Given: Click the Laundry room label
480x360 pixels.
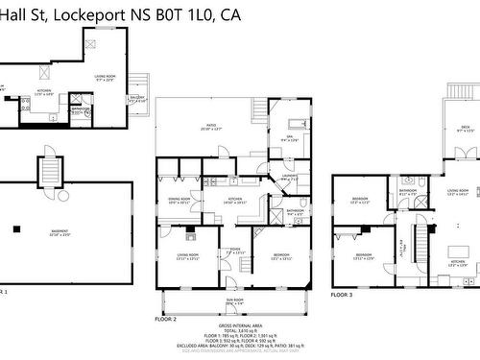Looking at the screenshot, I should [x=289, y=178].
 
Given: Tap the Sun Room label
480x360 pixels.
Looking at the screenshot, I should [x=233, y=300].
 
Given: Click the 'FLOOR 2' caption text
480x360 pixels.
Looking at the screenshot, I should [x=166, y=318].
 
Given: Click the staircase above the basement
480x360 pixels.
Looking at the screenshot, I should [x=49, y=170].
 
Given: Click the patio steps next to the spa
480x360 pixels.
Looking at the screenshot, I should [x=258, y=110].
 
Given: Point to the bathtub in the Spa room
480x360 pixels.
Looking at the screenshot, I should [x=295, y=124].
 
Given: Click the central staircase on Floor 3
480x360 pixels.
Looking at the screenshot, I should [x=420, y=235].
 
